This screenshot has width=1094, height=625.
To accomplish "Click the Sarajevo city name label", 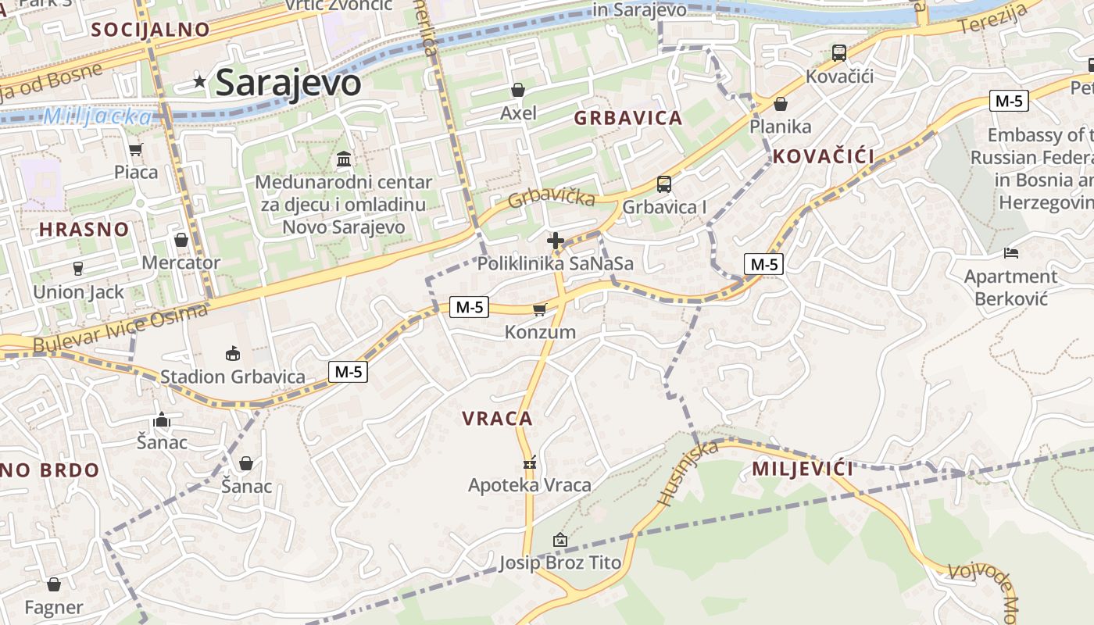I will click(288, 83).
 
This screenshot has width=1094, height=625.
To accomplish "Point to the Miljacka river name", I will click(98, 117).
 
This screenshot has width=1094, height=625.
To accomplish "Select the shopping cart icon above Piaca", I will click(136, 149).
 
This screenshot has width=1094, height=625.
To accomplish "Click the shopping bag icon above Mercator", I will click(181, 240).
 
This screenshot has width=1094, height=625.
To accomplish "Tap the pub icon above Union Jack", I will click(77, 269).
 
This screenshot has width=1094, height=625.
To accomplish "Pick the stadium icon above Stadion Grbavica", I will click(232, 354).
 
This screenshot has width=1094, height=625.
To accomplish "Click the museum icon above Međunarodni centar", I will click(343, 159).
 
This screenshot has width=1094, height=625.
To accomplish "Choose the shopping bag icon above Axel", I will click(518, 90).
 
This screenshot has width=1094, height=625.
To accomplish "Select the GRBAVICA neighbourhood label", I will click(628, 119).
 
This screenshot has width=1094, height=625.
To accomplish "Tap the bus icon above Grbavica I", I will click(663, 184).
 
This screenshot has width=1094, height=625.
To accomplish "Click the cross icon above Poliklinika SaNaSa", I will click(556, 241).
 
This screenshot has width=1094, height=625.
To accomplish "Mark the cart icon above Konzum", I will click(539, 310).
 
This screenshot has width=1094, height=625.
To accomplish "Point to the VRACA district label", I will click(497, 419).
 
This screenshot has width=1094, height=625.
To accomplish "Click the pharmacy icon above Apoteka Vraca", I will click(530, 462).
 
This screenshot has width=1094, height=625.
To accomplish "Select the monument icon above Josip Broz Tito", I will click(560, 540).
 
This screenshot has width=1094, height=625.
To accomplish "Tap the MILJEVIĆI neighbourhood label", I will click(803, 470).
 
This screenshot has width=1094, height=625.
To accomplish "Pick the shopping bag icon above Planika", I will click(780, 104).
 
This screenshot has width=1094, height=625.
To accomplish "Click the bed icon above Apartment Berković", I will click(1010, 253).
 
